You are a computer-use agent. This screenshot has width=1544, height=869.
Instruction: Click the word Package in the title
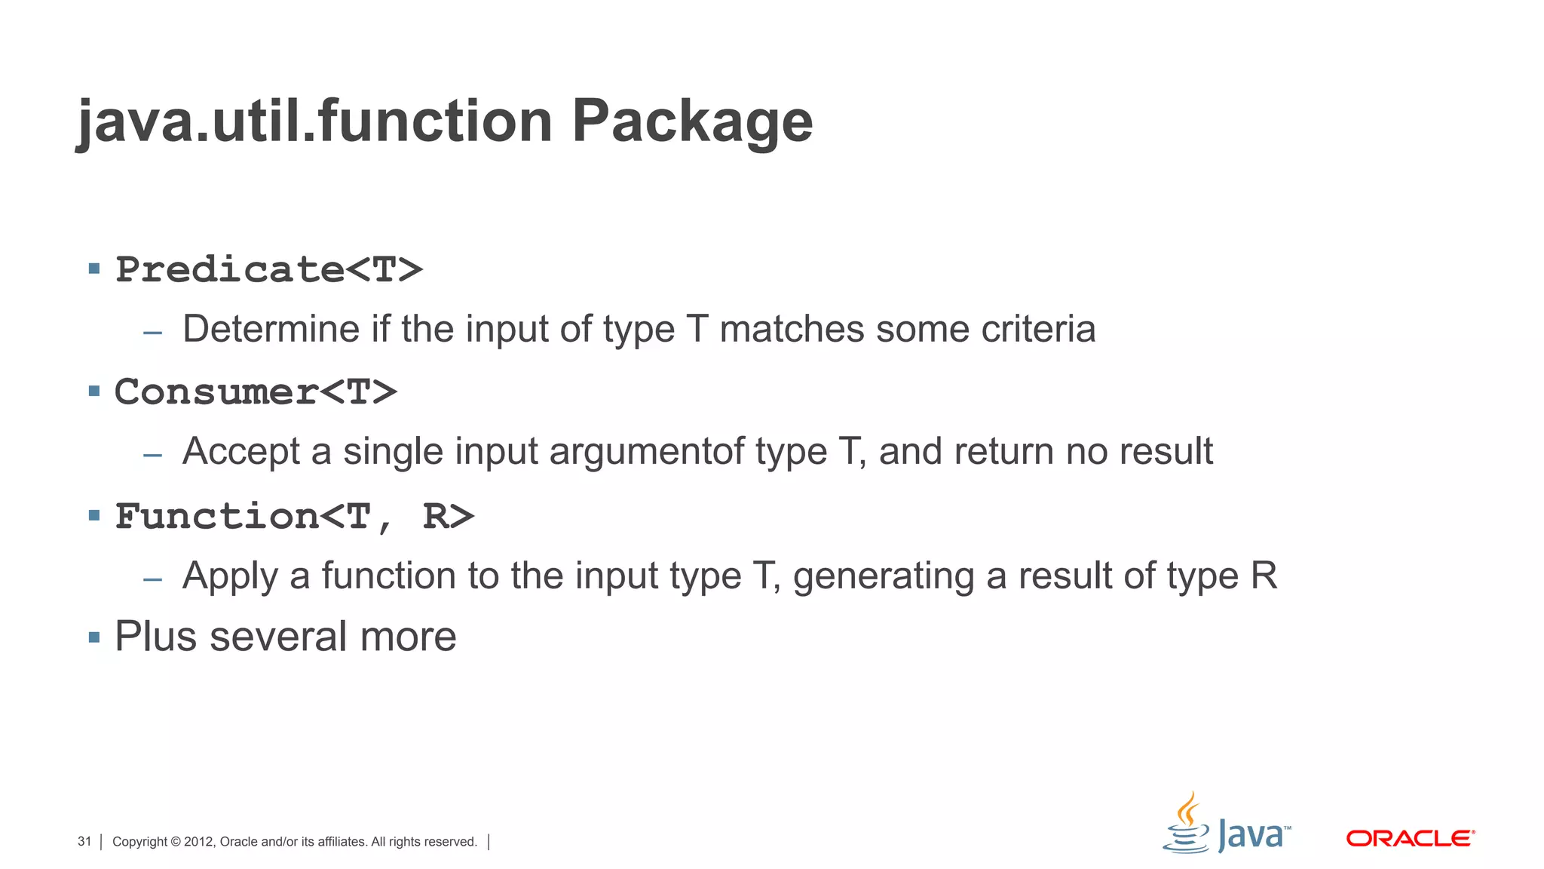click(692, 122)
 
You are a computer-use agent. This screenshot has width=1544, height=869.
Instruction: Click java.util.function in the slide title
click(315, 122)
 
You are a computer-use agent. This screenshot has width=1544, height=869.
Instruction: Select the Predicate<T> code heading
click(268, 269)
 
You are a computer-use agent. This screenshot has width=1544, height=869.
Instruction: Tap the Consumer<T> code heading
click(256, 392)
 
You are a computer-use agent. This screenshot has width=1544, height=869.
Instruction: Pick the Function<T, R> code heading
click(294, 517)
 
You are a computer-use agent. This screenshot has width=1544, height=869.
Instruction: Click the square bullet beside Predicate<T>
click(94, 269)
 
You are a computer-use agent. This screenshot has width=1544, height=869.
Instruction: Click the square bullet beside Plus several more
click(94, 637)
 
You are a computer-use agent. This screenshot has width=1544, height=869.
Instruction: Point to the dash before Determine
click(153, 332)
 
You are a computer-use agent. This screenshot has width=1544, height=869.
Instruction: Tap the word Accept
click(241, 452)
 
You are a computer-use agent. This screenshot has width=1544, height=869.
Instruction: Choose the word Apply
click(230, 576)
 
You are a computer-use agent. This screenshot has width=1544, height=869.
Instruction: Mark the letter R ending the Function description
click(1264, 576)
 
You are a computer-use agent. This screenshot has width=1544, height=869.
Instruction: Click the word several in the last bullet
click(279, 637)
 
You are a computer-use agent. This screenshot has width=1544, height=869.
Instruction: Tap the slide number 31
click(84, 842)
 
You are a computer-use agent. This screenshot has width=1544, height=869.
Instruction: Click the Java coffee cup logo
click(1187, 824)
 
